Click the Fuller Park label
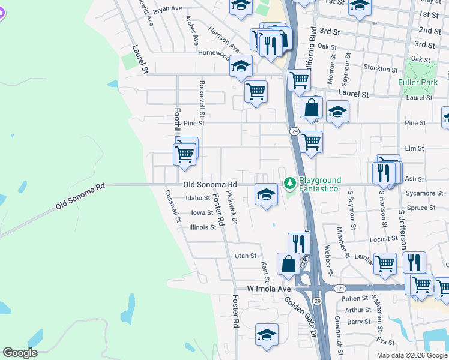tap(415, 82)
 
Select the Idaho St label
tap(198, 197)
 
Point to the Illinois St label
tap(202, 227)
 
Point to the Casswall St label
tap(172, 206)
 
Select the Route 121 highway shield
tap(340, 288)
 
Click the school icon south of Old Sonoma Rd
tap(266, 194)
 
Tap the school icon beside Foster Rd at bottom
tap(267, 334)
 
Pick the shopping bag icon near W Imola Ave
tap(288, 263)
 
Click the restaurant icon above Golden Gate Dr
tap(298, 243)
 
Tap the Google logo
tap(20, 353)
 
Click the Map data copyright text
tap(411, 355)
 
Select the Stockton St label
tap(377, 68)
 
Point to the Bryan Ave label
tap(167, 10)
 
